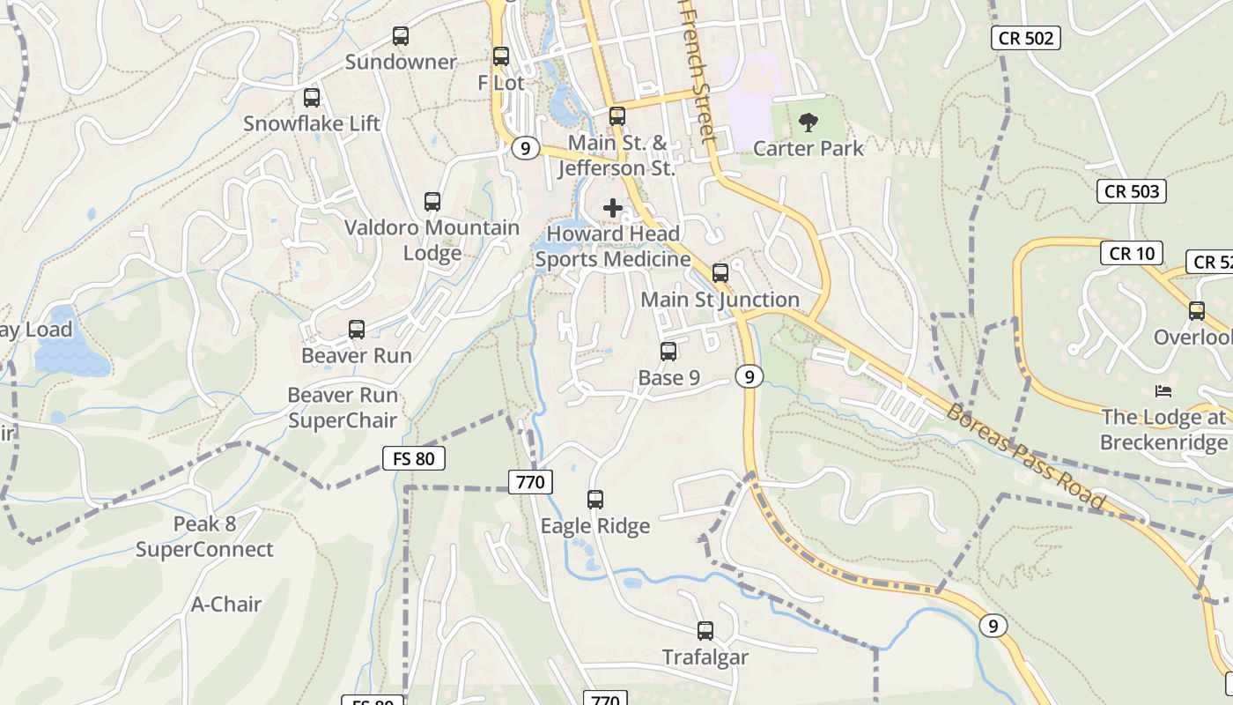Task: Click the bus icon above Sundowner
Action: click(401, 36)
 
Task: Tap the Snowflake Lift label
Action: click(312, 123)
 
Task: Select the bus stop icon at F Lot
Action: click(501, 56)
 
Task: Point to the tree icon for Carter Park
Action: click(808, 122)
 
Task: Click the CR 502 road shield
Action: click(1024, 38)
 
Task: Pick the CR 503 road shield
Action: click(1132, 191)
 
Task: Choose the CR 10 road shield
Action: click(1131, 254)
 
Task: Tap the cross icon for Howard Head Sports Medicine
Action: click(613, 208)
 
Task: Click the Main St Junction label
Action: click(720, 300)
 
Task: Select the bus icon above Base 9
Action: click(668, 352)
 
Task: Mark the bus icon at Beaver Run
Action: click(357, 330)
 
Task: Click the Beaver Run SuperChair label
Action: click(343, 408)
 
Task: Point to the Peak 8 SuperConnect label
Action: click(204, 537)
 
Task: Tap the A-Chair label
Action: click(226, 605)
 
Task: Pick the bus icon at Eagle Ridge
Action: click(595, 500)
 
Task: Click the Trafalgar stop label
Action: click(705, 657)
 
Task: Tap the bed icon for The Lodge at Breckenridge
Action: click(1163, 390)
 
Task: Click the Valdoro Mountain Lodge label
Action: click(432, 240)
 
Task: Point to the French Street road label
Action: click(697, 70)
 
